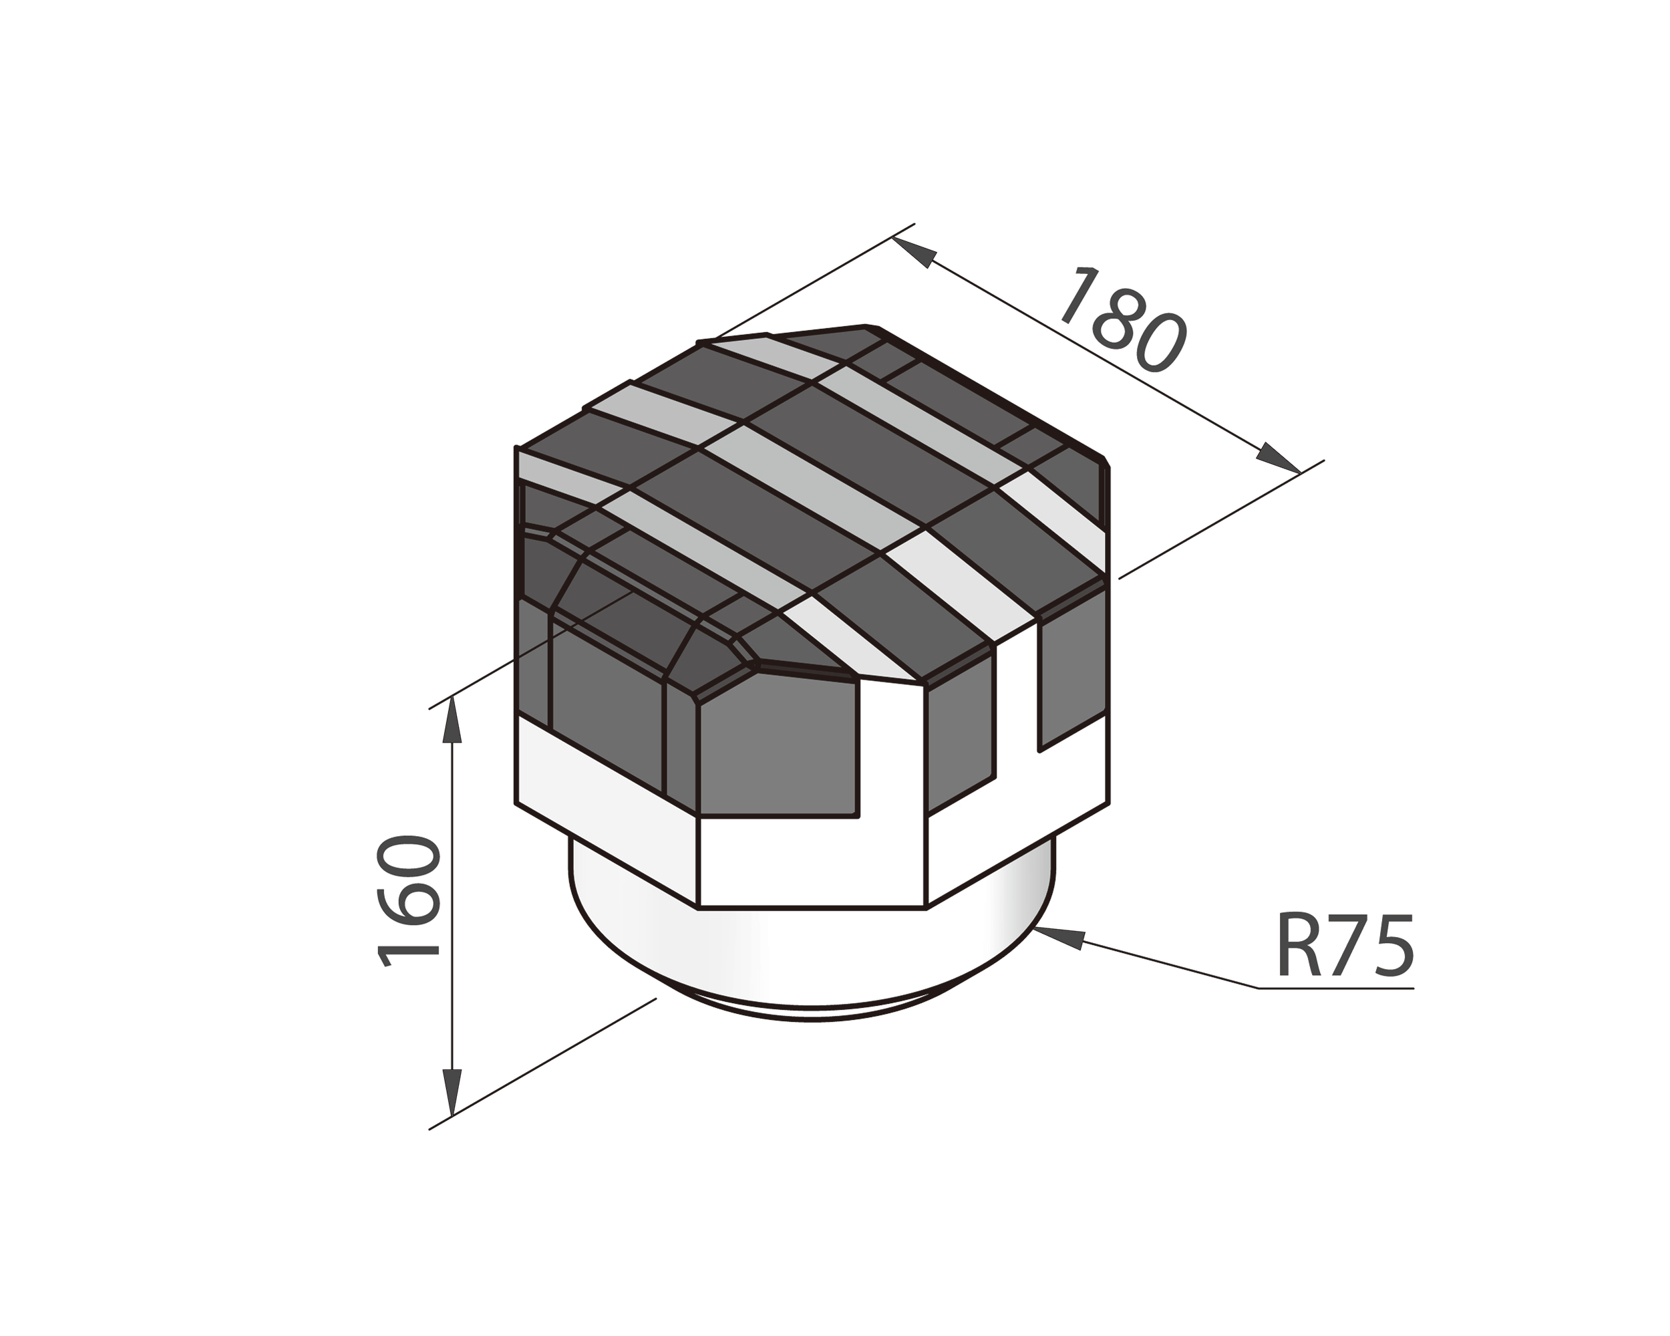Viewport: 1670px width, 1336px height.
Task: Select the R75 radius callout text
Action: tap(1345, 947)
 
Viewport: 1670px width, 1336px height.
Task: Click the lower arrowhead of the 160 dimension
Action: tap(452, 1092)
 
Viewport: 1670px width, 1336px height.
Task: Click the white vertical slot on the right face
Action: tap(1017, 698)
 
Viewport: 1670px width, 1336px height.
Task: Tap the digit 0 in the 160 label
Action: tap(408, 856)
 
